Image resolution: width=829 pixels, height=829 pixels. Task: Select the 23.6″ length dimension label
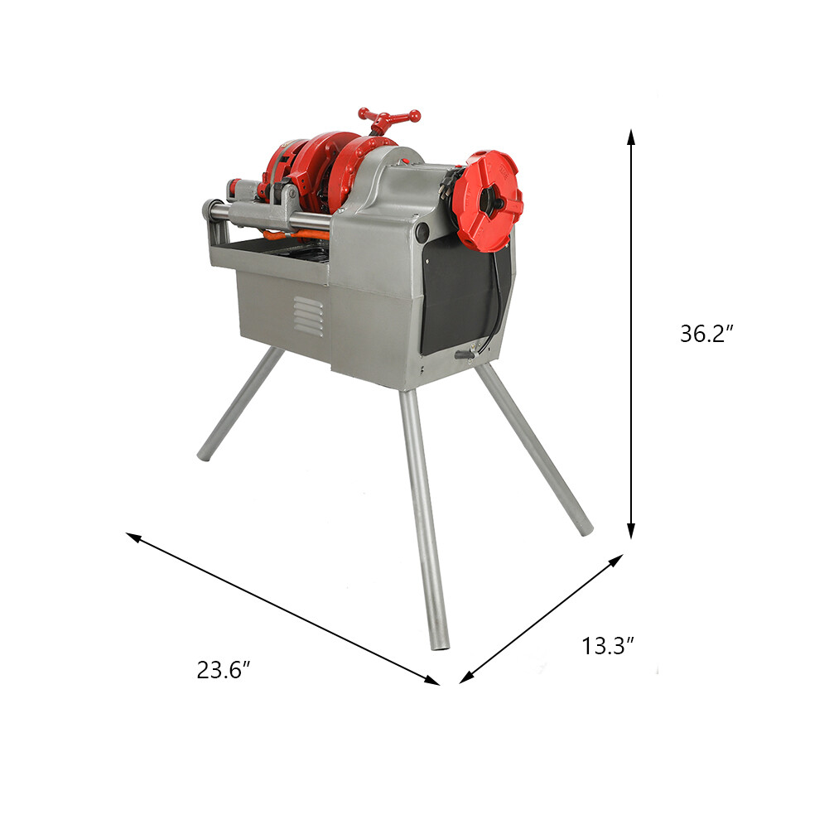click(224, 670)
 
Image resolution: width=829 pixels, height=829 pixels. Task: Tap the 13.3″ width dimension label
click(608, 646)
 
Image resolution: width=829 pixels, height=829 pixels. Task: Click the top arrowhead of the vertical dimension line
click(631, 135)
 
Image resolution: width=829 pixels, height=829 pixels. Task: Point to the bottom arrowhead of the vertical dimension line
click(631, 533)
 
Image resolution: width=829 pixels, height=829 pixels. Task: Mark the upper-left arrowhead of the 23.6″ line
click(132, 536)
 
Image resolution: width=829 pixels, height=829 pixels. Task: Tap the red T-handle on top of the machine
click(388, 118)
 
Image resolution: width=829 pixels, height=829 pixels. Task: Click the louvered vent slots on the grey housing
click(308, 317)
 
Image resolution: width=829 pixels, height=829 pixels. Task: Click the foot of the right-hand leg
click(585, 528)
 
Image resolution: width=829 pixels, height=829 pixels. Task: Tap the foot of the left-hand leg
click(203, 455)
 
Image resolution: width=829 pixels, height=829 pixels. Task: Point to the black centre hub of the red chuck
click(490, 202)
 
